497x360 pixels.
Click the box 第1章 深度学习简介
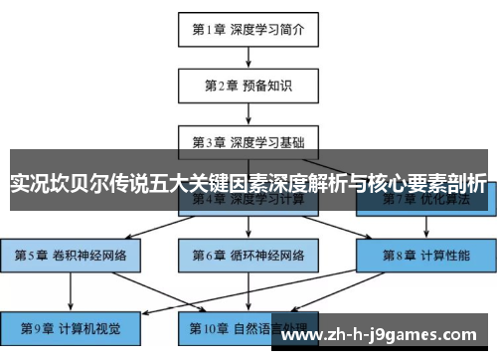248,29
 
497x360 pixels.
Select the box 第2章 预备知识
248,85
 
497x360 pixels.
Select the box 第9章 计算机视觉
71,325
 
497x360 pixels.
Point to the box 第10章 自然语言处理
248,325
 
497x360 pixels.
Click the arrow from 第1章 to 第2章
248,57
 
